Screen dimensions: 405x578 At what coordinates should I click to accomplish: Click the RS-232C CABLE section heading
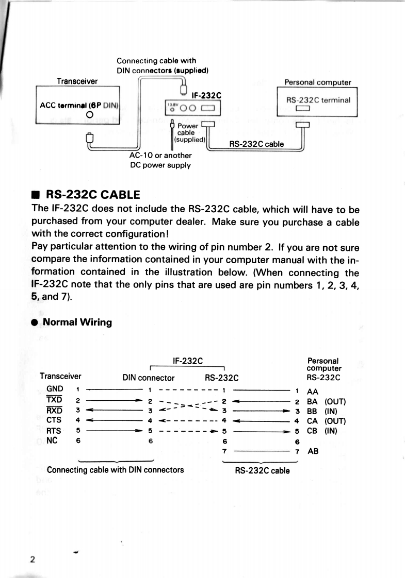[93, 195]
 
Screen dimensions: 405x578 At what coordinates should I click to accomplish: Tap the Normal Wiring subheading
[77, 322]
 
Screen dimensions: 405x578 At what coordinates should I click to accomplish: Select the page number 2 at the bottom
[33, 559]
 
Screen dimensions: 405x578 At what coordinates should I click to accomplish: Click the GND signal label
[55, 389]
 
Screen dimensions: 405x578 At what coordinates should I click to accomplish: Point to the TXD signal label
[54, 400]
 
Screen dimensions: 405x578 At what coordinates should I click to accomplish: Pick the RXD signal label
[54, 410]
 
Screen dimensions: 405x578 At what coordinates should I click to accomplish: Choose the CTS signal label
[54, 420]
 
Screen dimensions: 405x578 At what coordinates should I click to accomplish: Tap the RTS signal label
[54, 431]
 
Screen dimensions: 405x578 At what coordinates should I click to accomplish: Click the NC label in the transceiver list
[52, 440]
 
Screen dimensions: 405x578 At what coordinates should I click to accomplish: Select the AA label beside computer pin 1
[312, 392]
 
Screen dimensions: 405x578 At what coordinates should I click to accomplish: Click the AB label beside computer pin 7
[313, 451]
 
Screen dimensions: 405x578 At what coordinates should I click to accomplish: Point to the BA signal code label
[312, 401]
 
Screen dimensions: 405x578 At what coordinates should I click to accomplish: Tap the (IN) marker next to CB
[331, 431]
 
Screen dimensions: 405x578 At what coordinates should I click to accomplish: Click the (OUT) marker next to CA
[335, 421]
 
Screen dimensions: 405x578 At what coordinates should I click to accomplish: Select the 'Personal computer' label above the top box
[317, 82]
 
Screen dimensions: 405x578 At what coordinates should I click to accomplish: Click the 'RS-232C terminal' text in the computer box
[318, 100]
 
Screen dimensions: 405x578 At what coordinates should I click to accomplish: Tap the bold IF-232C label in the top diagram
[206, 95]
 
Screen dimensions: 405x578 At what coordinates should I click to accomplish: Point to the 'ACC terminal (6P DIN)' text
[79, 106]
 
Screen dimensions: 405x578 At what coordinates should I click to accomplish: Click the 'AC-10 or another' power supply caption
[160, 156]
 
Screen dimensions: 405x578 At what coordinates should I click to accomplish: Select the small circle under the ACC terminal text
[89, 115]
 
